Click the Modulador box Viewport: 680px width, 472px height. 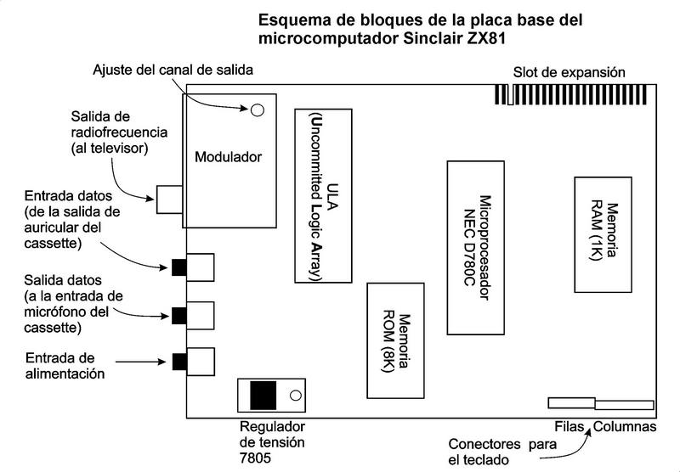click(x=229, y=159)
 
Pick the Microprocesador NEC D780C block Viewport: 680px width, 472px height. click(x=476, y=246)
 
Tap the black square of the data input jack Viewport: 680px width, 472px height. click(x=178, y=267)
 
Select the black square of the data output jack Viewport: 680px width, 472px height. click(x=178, y=315)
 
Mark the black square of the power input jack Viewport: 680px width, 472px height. click(x=178, y=362)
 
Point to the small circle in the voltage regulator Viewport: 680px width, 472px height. click(x=294, y=396)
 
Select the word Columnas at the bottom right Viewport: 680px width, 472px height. click(x=626, y=425)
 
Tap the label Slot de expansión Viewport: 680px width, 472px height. click(x=569, y=73)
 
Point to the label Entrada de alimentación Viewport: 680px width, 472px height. click(x=65, y=365)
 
